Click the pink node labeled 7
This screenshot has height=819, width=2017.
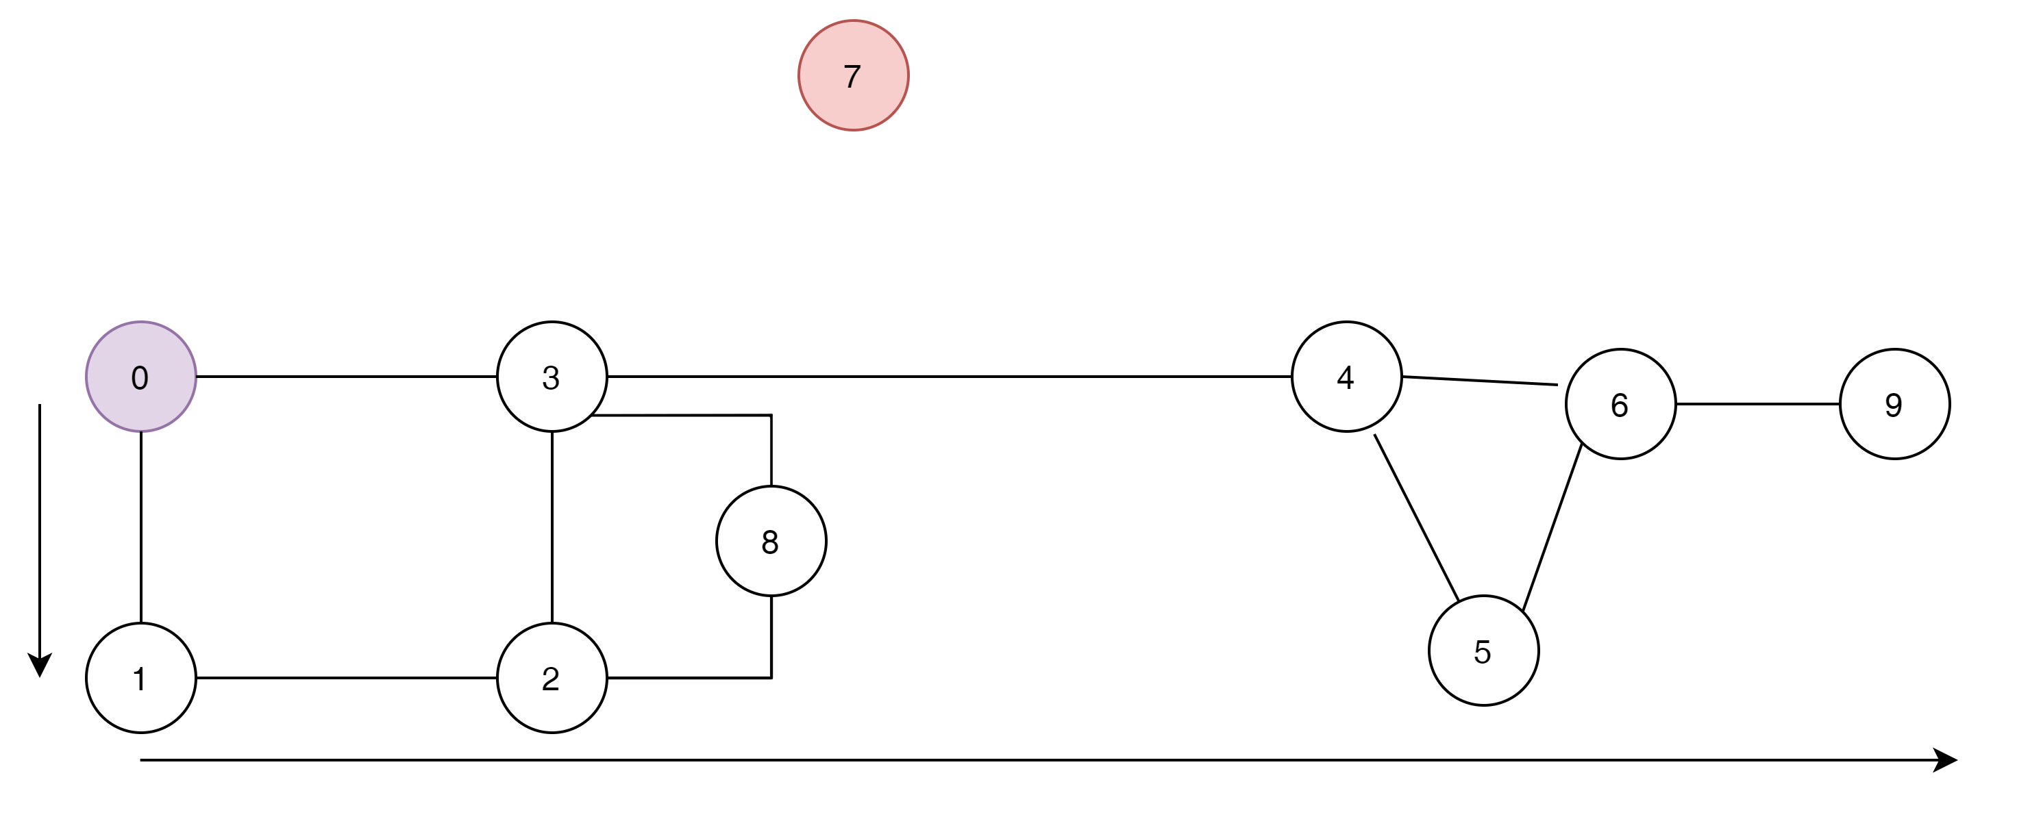pyautogui.click(x=854, y=75)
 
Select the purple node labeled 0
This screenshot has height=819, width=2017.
pyautogui.click(x=141, y=377)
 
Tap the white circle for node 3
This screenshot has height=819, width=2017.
pyautogui.click(x=552, y=377)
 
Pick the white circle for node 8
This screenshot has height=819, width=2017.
pyautogui.click(x=771, y=541)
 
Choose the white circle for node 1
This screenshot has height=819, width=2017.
pyautogui.click(x=141, y=678)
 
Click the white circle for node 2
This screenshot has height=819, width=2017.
pyautogui.click(x=552, y=678)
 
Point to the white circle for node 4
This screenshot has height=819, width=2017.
pyautogui.click(x=1347, y=377)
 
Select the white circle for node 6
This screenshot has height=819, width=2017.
pyautogui.click(x=1621, y=404)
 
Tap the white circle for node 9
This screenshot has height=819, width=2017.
pyautogui.click(x=1895, y=404)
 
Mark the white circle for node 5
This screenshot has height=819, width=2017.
pyautogui.click(x=1484, y=651)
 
